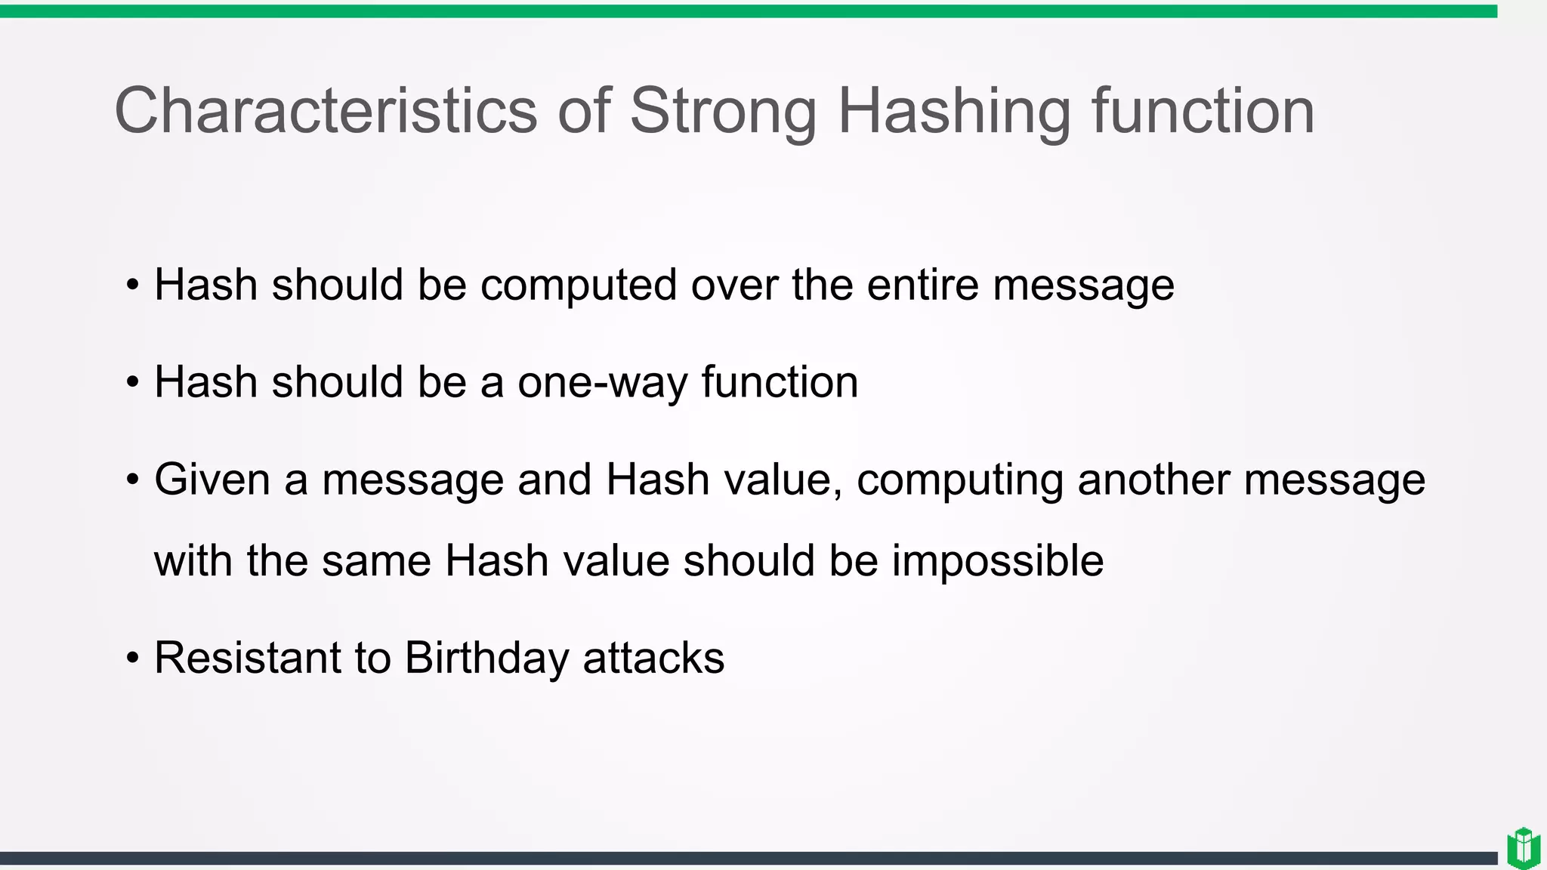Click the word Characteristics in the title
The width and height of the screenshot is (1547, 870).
click(x=326, y=110)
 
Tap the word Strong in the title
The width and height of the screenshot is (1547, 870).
click(x=723, y=110)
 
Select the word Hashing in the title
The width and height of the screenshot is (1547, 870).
click(x=954, y=110)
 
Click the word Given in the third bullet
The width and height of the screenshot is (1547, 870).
click(x=212, y=480)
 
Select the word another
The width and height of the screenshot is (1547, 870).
click(x=1153, y=480)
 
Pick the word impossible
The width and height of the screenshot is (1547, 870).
click(x=997, y=561)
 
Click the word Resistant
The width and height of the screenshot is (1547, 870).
click(x=247, y=657)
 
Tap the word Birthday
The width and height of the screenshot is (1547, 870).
click(x=486, y=659)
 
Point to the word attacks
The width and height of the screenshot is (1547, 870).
click(x=653, y=657)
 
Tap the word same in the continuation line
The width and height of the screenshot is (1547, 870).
click(x=376, y=561)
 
